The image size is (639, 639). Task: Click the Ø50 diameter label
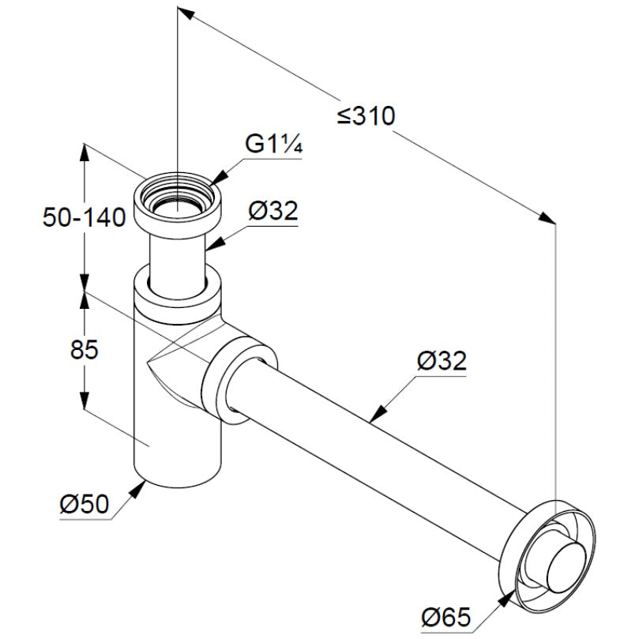click(x=85, y=502)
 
